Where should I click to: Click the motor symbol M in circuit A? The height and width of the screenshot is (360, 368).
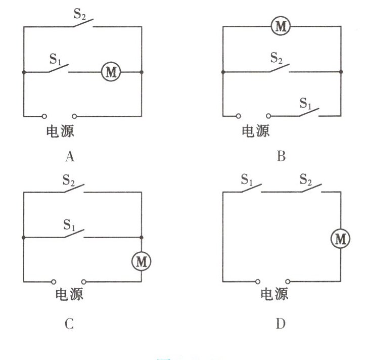click(111, 72)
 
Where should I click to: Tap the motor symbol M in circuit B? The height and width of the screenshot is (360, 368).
click(281, 26)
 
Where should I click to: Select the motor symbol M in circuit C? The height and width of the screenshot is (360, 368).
click(141, 261)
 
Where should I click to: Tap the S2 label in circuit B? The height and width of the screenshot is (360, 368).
click(277, 57)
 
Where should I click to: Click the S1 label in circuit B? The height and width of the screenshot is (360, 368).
click(306, 104)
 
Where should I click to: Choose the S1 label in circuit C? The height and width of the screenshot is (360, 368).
click(71, 223)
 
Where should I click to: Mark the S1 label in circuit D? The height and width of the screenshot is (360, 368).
click(247, 179)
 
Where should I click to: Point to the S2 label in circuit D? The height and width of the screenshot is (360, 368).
click(306, 179)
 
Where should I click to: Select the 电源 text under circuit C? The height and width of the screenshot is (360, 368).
click(70, 294)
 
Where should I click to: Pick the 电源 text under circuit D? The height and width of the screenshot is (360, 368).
click(274, 294)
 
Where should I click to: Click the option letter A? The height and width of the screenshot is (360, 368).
click(70, 157)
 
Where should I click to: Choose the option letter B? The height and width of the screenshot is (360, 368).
click(281, 157)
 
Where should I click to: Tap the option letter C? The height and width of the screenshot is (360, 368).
click(70, 324)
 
